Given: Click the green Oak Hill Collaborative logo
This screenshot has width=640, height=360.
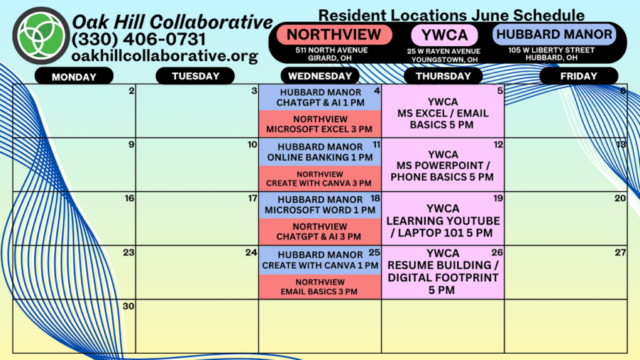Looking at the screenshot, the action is pyautogui.click(x=41, y=36).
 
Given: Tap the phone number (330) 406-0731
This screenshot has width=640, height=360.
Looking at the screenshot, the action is pyautogui.click(x=139, y=39).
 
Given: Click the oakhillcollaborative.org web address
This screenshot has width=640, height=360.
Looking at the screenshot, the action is pyautogui.click(x=165, y=56).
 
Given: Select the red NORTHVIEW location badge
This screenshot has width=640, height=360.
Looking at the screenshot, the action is pyautogui.click(x=334, y=35).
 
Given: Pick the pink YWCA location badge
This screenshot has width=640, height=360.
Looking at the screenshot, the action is pyautogui.click(x=444, y=35).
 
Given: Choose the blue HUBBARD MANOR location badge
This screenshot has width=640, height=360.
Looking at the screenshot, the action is pyautogui.click(x=554, y=34).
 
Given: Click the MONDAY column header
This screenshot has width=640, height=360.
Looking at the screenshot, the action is pyautogui.click(x=74, y=76).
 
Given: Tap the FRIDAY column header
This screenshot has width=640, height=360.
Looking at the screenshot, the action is pyautogui.click(x=579, y=76).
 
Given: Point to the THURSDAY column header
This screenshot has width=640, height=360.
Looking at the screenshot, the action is pyautogui.click(x=443, y=76).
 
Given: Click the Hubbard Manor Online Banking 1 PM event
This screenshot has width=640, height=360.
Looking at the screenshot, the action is pyautogui.click(x=320, y=152).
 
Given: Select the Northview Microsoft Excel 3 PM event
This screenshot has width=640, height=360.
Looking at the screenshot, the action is pyautogui.click(x=320, y=124).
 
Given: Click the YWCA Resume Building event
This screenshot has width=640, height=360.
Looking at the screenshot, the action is pyautogui.click(x=443, y=272).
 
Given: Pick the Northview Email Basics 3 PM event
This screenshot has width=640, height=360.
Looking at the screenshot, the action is pyautogui.click(x=320, y=286).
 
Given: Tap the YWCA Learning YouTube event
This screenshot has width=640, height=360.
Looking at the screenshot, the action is pyautogui.click(x=443, y=221).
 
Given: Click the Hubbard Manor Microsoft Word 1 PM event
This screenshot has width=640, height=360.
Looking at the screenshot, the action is pyautogui.click(x=320, y=205).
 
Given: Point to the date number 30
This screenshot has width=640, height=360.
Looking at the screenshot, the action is pyautogui.click(x=129, y=306).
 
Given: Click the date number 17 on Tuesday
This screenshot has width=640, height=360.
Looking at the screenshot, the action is pyautogui.click(x=252, y=198).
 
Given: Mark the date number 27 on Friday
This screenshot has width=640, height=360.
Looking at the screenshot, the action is pyautogui.click(x=621, y=252).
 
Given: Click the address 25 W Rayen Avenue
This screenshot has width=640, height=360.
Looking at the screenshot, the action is pyautogui.click(x=444, y=51).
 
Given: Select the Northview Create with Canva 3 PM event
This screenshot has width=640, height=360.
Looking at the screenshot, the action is pyautogui.click(x=320, y=179).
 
